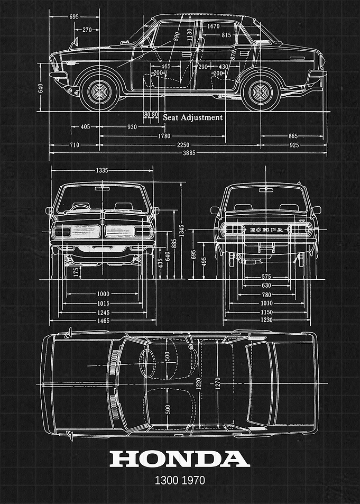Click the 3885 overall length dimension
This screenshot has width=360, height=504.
(189, 153)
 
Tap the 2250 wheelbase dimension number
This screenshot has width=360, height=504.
(183, 145)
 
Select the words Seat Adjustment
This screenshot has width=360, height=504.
(192, 117)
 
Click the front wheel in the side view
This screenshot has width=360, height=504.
(99, 92)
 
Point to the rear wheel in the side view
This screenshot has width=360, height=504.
(261, 92)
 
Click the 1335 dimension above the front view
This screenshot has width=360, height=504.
(102, 170)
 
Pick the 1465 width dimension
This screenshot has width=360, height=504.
(103, 320)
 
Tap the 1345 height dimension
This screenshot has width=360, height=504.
(182, 231)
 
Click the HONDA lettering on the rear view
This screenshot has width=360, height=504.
(266, 230)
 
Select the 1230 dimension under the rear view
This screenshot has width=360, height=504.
(266, 320)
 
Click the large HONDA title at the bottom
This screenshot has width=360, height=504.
(180, 459)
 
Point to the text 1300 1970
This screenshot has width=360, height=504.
(180, 481)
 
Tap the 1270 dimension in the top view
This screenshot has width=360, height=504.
(217, 384)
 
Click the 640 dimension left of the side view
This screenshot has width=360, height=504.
(41, 88)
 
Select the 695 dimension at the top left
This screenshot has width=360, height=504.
(74, 17)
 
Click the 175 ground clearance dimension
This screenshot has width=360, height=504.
(76, 272)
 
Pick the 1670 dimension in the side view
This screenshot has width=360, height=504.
(213, 26)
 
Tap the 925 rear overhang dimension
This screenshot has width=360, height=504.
(294, 145)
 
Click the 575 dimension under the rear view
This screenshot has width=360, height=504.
(266, 277)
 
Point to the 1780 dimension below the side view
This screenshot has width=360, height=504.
(164, 136)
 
